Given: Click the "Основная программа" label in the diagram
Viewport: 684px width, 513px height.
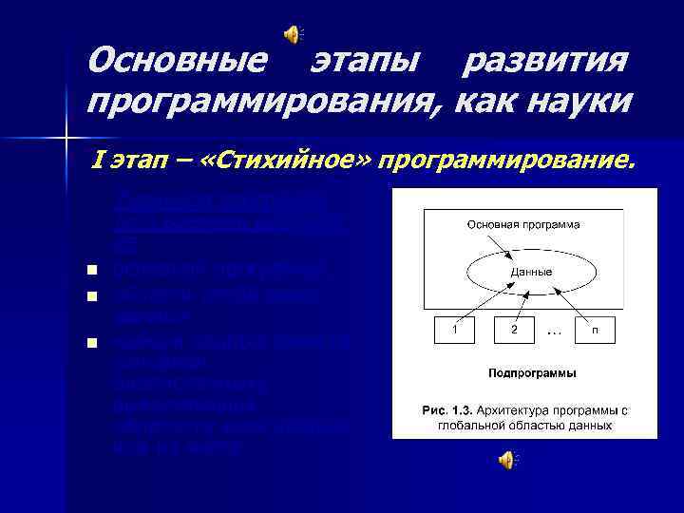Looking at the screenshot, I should (523, 224).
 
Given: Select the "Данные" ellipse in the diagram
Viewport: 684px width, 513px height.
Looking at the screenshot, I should (523, 272).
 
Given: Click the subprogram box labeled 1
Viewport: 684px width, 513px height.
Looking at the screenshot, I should (455, 329).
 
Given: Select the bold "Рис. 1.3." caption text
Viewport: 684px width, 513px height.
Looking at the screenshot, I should (450, 409).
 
